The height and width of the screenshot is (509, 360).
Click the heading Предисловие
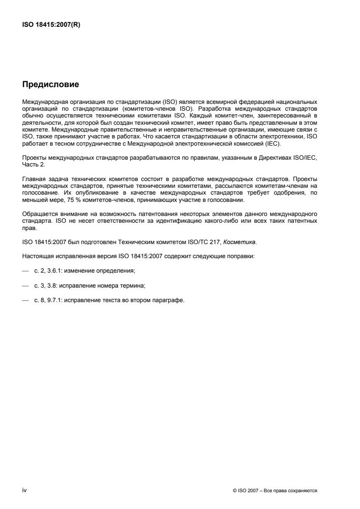(x=50, y=84)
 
